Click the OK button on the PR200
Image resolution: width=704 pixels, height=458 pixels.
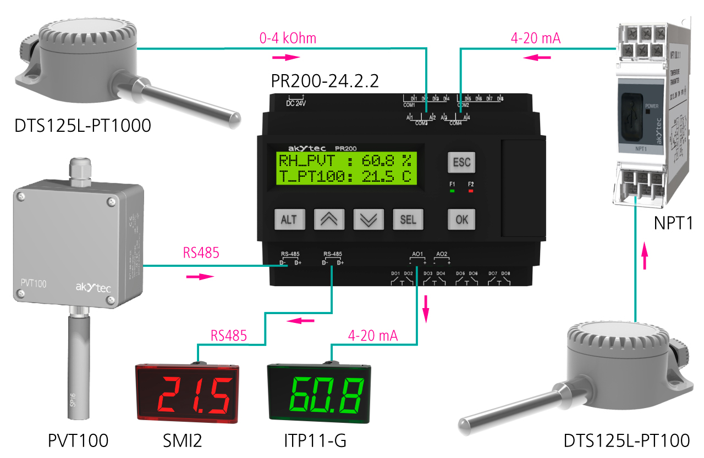461,219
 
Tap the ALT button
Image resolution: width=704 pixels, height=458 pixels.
289,219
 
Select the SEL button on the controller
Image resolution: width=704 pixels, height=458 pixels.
408,219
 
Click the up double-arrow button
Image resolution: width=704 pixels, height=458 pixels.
328,219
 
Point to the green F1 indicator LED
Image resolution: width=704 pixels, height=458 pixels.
452,191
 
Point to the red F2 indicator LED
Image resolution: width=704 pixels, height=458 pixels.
470,191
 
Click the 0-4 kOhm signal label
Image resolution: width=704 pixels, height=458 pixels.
288,38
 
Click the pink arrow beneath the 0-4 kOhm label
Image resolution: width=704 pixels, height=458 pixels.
287,57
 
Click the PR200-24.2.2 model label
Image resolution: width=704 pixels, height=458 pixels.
325,81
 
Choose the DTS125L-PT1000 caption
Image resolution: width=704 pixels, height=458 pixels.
83,126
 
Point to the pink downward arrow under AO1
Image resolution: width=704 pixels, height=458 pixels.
425,310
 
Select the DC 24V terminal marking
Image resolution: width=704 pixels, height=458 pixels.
296,103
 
